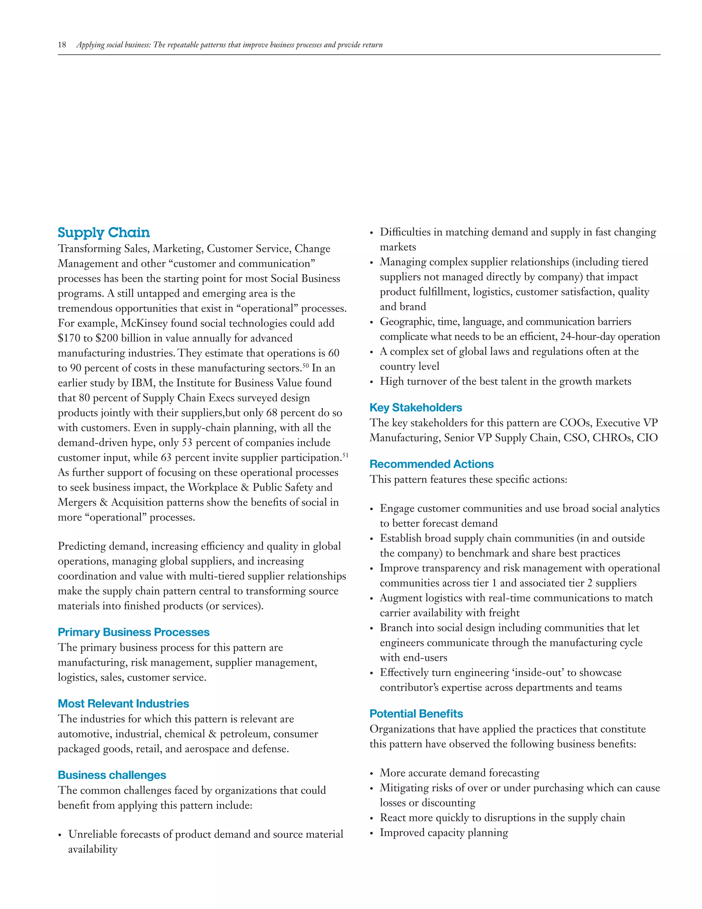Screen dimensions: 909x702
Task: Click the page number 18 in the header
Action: click(62, 45)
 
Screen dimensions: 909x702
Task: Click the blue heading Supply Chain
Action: click(104, 232)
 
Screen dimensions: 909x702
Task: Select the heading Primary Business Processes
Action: click(133, 632)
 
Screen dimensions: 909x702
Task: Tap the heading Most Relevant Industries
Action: click(123, 704)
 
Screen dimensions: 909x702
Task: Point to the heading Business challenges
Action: click(112, 775)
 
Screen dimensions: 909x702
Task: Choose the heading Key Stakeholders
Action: click(415, 408)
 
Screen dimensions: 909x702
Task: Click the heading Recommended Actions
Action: click(431, 464)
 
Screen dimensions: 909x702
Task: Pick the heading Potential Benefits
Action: click(416, 714)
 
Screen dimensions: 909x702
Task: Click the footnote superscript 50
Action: click(306, 365)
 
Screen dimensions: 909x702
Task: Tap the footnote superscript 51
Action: click(345, 455)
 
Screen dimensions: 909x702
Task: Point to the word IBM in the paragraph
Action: click(142, 383)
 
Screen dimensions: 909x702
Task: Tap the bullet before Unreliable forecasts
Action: click(60, 835)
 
